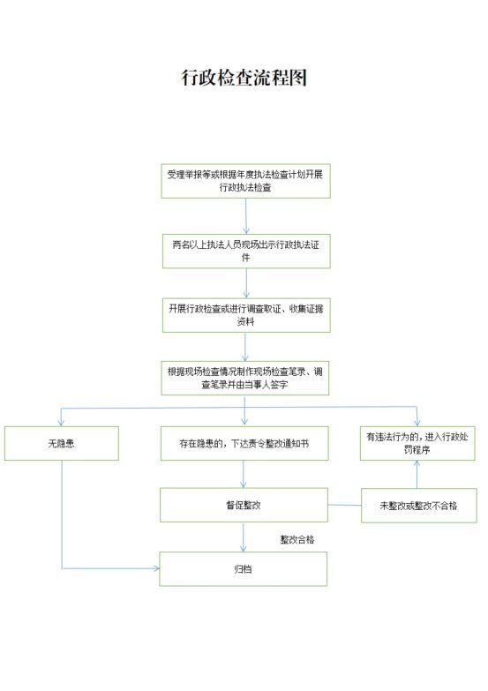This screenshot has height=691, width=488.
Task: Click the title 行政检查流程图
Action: [244, 78]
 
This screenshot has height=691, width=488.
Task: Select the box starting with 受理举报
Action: [245, 181]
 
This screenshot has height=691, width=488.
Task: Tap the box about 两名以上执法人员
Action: [246, 251]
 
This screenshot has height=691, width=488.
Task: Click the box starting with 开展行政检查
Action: [246, 315]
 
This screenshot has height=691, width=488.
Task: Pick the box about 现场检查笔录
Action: [245, 378]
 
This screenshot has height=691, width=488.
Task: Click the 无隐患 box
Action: [61, 443]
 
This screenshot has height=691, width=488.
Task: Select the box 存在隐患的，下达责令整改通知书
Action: [244, 443]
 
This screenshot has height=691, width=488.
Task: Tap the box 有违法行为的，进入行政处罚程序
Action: [417, 443]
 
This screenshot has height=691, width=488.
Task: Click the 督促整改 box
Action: [244, 505]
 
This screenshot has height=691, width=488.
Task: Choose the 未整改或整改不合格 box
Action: [419, 506]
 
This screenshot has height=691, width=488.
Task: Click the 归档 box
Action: [243, 569]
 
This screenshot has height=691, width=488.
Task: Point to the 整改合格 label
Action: [297, 539]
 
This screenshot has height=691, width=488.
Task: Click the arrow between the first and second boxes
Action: [246, 216]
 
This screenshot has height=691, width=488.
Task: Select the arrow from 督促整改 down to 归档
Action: [243, 537]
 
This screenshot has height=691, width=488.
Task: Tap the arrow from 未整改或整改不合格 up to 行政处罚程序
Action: [417, 475]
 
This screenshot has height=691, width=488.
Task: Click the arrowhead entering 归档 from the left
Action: [156, 568]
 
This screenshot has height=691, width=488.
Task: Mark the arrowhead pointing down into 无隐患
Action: [61, 423]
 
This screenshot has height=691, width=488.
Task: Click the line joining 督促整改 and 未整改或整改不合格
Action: [345, 505]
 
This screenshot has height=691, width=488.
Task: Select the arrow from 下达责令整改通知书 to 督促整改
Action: [243, 474]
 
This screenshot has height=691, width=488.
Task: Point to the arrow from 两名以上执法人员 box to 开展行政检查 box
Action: [246, 283]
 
